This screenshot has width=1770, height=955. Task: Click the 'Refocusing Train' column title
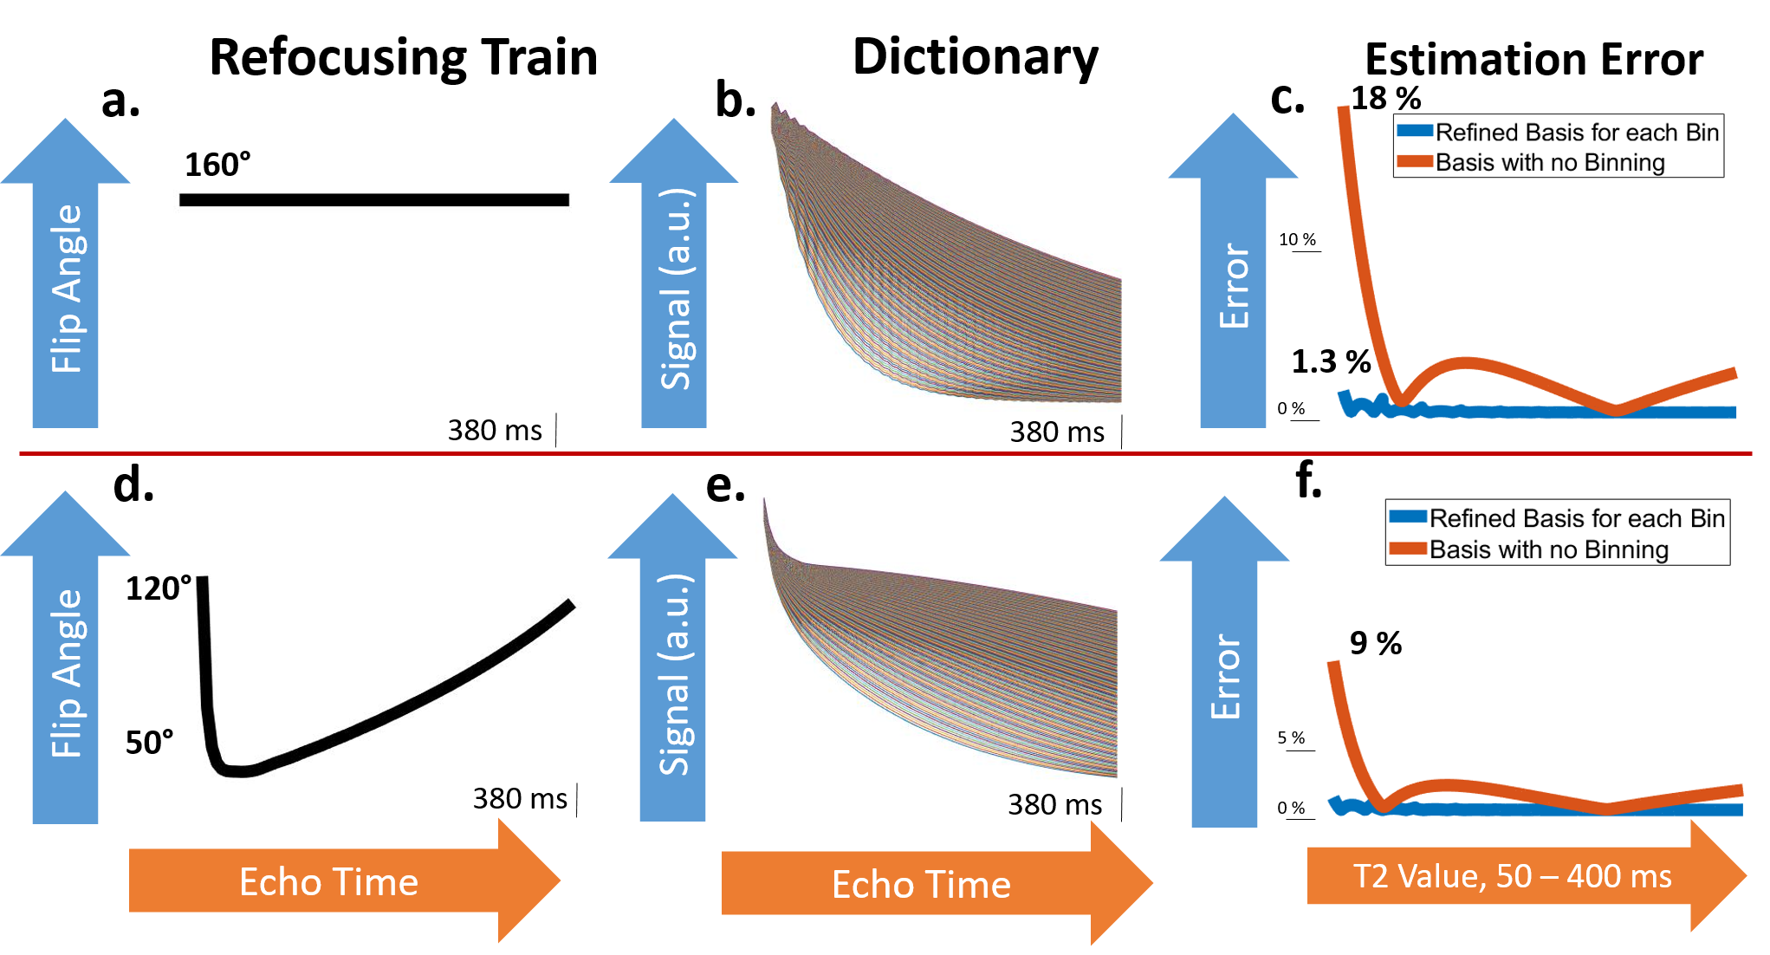pos(404,58)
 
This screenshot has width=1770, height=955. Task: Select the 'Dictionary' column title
pos(975,58)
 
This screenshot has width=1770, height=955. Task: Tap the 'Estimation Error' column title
pos(1533,60)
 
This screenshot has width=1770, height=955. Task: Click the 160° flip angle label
pos(217,165)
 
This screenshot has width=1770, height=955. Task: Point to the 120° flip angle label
pos(158,589)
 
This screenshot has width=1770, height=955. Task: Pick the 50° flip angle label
pos(149,743)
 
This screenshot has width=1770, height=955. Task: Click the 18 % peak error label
pos(1385,99)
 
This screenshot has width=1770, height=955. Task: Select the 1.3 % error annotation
pos(1331,361)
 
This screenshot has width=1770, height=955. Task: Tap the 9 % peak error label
pos(1376,643)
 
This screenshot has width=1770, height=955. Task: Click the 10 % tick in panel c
pos(1297,239)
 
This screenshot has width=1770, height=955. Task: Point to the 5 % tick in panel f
pos(1291,737)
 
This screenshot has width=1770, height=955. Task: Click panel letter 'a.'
pos(120,101)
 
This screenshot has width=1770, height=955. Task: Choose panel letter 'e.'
pos(725,485)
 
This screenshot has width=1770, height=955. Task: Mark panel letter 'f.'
pos(1308,481)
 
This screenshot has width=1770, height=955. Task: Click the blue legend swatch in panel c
pos(1415,132)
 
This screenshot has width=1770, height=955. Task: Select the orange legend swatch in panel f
pos(1408,549)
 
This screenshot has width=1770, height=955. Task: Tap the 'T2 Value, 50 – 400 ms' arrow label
pos(1512,876)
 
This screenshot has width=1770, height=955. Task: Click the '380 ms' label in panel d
pos(520,798)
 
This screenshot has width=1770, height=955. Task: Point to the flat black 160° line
pos(374,200)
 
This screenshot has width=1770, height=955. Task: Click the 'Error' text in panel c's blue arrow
pos(1234,286)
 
